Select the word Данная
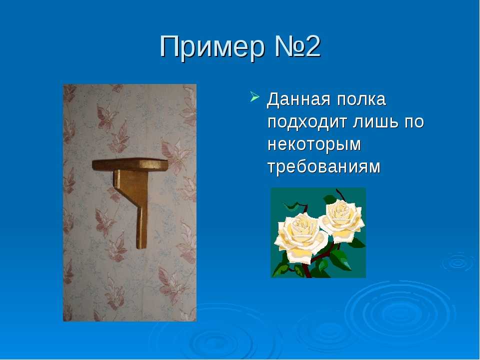point(299,99)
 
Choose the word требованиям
point(324,167)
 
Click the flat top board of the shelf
point(130,164)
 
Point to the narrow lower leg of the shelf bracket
point(141,227)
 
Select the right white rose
point(342,220)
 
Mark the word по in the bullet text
point(415,122)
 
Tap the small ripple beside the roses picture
point(457,262)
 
